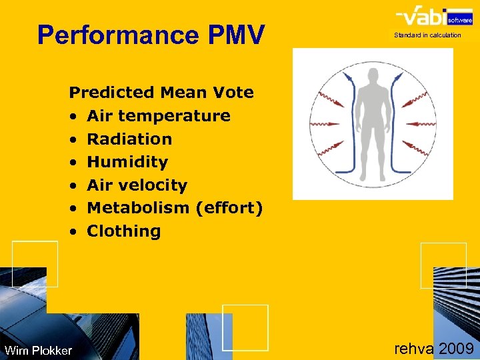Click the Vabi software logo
(427, 17)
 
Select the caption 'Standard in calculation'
(427, 35)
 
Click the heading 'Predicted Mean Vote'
(161, 93)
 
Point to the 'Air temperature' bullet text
(159, 116)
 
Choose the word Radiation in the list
(129, 139)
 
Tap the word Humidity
(127, 162)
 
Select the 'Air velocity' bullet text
(137, 185)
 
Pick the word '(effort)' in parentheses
(229, 208)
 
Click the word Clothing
(124, 231)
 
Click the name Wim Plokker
(38, 351)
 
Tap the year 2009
(457, 348)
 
